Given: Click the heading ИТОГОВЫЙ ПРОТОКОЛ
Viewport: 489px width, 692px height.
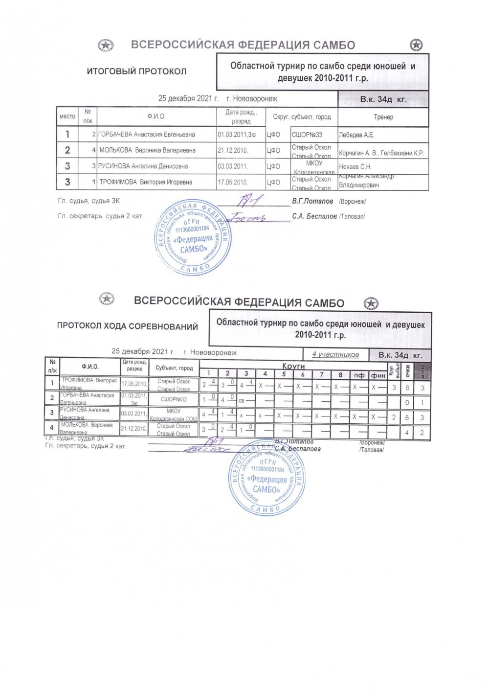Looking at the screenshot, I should point(136,71).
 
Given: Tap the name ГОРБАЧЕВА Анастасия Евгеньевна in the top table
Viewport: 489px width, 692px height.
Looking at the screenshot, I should point(147,135).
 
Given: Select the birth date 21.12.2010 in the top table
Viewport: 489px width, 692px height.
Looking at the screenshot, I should point(233,150).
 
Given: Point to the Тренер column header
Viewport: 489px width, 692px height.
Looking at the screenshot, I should point(383,117).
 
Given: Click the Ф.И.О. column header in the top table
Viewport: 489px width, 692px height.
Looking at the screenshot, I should point(156,117).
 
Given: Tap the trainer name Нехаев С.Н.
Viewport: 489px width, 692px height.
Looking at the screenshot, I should point(355,166).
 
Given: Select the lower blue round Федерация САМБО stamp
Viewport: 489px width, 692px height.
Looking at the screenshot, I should point(267,477).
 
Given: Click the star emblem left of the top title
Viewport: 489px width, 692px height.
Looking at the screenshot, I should point(106,46).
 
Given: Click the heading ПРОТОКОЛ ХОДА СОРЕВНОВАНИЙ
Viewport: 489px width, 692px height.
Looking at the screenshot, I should point(128,326).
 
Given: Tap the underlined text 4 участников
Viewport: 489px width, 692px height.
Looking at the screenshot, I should point(335,354).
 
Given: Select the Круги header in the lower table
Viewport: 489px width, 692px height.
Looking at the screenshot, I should point(293,366).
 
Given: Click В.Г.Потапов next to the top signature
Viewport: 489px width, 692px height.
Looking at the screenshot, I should point(312,201).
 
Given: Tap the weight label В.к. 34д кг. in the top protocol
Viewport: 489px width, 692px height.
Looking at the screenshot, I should point(383,100).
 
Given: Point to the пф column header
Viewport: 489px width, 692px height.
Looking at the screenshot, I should point(359,375).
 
